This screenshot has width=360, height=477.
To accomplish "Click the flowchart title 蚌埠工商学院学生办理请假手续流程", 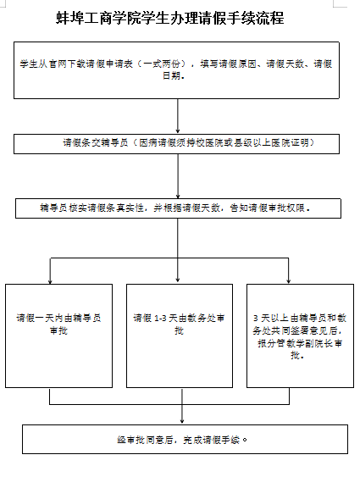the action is tap(170, 18).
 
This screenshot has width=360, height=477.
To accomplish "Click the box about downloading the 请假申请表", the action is tap(176, 70).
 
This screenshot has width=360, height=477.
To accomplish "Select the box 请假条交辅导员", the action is tap(176, 144).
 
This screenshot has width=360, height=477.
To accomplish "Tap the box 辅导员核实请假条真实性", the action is tap(178, 208).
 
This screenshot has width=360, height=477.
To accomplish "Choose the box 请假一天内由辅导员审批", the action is tap(58, 336).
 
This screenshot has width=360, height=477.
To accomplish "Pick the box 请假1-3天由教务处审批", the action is tap(180, 336).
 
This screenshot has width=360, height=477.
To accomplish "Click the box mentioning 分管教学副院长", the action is tap(300, 336).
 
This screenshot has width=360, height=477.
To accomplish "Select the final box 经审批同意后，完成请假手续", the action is tap(185, 439).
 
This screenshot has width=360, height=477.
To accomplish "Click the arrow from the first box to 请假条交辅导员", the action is tap(178, 116).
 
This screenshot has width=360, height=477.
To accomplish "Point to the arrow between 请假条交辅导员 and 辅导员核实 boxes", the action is tap(178, 176).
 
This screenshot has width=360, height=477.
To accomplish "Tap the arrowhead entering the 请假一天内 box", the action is tap(50, 281).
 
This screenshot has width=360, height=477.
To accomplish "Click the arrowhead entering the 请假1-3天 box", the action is tap(178, 280).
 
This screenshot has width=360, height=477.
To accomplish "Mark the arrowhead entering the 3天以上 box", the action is tap(289, 281).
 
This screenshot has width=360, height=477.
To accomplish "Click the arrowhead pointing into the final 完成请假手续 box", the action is tap(182, 421).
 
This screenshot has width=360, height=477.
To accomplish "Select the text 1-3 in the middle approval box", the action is tap(160, 319).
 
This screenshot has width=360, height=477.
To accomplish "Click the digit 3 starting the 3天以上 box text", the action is tap(256, 319).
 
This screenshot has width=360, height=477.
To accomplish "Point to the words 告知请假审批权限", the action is tap(268, 208).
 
